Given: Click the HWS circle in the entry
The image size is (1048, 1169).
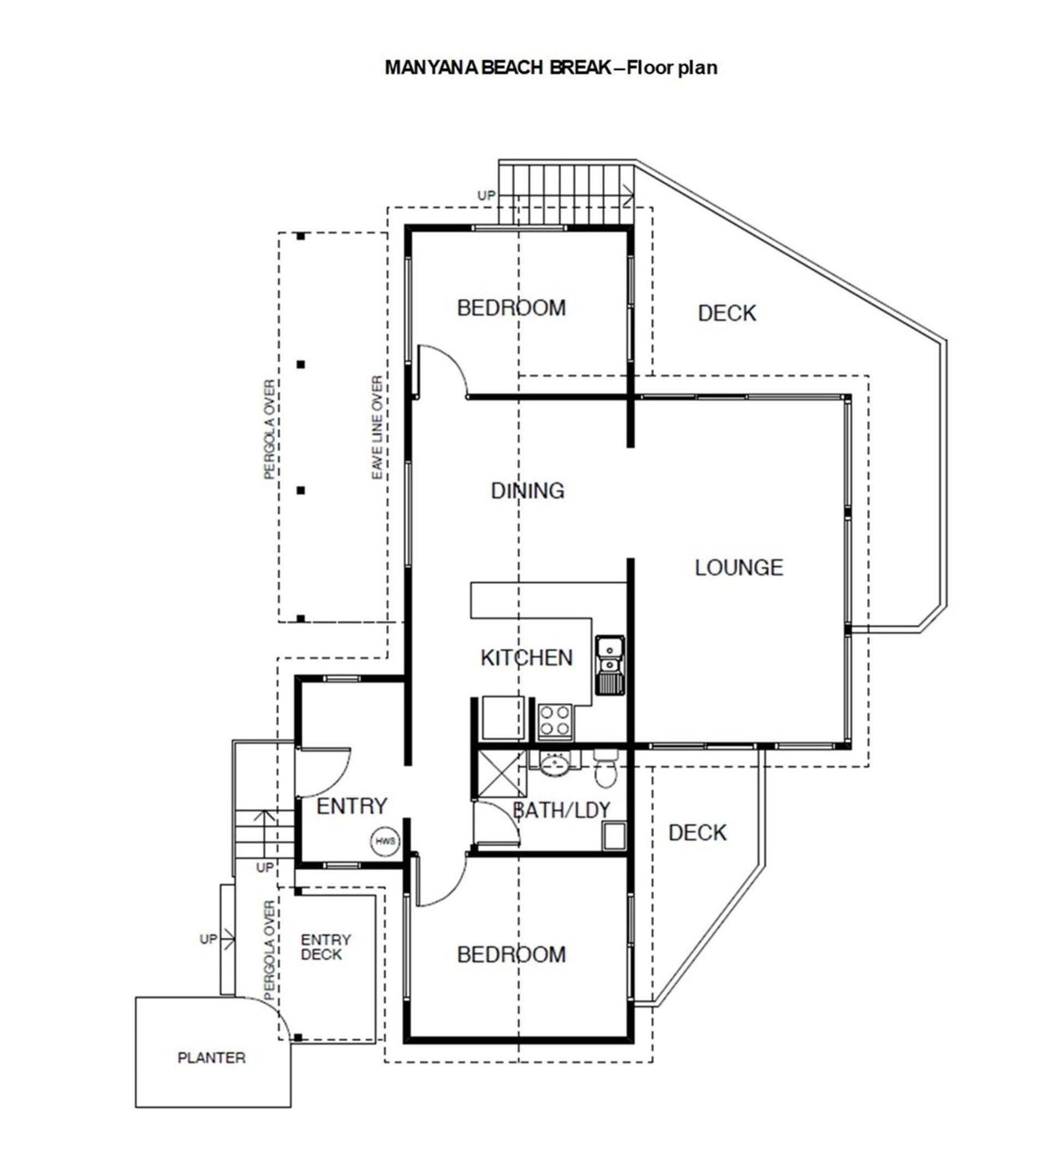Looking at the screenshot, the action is tap(385, 841).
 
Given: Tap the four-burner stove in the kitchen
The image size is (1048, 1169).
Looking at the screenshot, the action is tap(555, 722).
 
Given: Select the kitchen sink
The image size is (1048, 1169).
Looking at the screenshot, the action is tap(610, 664).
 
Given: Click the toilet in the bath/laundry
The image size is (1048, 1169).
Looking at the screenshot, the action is tap(605, 768).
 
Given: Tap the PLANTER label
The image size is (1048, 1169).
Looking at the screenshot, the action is tap(211, 1058).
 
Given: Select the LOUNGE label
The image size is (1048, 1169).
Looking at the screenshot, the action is tap(739, 568).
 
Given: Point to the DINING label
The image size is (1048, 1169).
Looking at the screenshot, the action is tap(527, 491).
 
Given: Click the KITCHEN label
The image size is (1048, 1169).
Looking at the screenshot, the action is tap(527, 657).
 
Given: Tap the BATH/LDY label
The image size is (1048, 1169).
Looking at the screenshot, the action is tap(562, 810).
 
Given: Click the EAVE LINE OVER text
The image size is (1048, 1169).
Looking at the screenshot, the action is tap(377, 428).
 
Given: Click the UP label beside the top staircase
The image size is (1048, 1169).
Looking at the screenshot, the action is tap(486, 195).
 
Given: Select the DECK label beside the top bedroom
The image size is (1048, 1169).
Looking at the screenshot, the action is tap(727, 313).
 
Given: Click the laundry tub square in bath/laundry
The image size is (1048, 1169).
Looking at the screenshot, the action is tap(614, 836).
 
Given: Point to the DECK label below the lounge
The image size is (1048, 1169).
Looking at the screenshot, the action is tap(698, 833).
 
